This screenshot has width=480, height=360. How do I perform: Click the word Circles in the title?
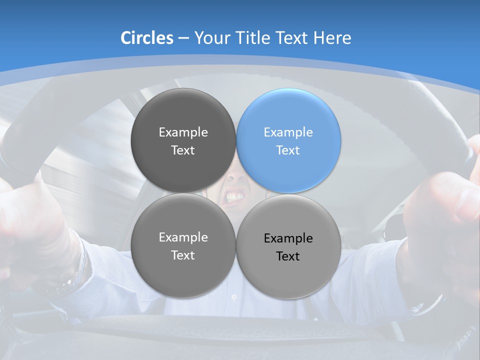(147, 38)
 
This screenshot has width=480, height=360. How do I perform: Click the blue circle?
(288, 140)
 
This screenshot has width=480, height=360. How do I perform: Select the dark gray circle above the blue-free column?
(183, 140)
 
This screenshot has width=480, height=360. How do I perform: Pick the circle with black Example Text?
(288, 246)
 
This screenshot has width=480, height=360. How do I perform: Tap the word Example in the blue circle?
(288, 132)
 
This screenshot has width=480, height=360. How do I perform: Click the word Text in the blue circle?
(288, 150)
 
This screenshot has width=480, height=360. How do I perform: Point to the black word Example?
(288, 238)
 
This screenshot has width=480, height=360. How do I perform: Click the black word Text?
(288, 256)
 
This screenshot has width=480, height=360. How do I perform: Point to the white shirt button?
(234, 297)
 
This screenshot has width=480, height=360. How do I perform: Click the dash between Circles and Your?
(183, 38)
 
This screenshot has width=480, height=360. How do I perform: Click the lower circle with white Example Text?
(183, 246)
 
